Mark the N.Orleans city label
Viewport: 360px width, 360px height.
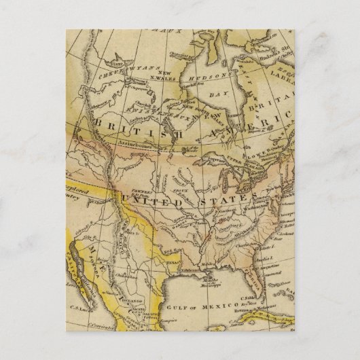(195, 270)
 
